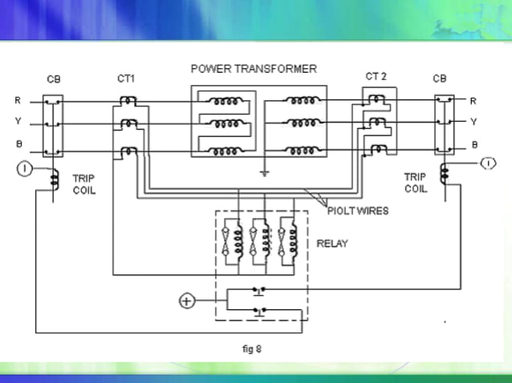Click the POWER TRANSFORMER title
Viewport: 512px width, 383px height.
click(254, 68)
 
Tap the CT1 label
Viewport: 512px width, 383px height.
click(126, 79)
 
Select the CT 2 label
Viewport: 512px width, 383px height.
click(376, 76)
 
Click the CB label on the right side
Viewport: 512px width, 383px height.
click(440, 79)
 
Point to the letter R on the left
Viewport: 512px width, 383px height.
click(18, 101)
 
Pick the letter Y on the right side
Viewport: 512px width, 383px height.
click(473, 122)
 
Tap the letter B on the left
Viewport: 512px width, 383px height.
click(18, 144)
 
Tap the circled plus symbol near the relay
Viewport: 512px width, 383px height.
click(186, 301)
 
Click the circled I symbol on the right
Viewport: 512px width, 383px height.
click(487, 164)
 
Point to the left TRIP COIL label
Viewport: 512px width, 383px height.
click(83, 185)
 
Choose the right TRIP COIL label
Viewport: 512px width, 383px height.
click(415, 183)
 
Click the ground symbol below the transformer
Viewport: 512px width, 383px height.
click(264, 171)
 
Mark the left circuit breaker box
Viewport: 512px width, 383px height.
click(52, 126)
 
